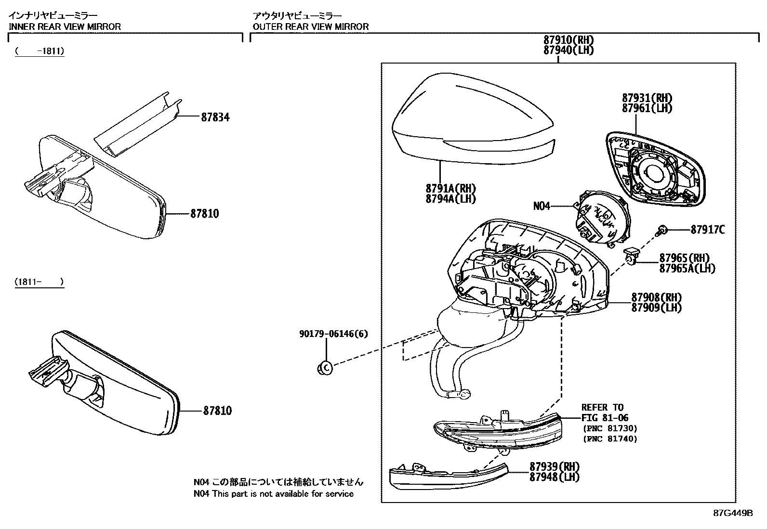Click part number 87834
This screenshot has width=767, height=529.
click(x=215, y=117)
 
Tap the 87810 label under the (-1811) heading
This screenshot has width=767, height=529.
click(x=204, y=214)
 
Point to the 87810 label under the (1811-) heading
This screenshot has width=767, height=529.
click(x=217, y=411)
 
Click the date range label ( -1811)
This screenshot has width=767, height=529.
click(x=40, y=51)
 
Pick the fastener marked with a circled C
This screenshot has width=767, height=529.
click(x=325, y=368)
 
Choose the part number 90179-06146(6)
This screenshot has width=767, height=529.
click(x=333, y=334)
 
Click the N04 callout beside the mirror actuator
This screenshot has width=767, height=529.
click(x=542, y=206)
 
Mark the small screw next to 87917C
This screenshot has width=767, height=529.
click(x=662, y=231)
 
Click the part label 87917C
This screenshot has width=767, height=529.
click(x=707, y=230)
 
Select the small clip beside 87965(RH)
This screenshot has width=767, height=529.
click(x=631, y=257)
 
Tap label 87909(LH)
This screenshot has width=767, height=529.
click(x=657, y=308)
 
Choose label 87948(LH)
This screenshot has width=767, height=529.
click(x=555, y=477)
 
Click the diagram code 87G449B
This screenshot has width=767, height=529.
click(x=733, y=513)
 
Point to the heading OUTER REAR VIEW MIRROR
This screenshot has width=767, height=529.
click(x=311, y=26)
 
